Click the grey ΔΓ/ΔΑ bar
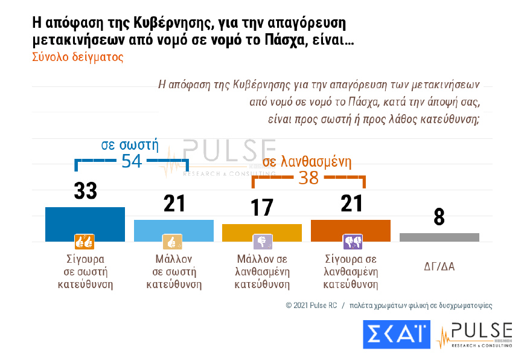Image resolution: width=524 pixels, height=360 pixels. point(439,237)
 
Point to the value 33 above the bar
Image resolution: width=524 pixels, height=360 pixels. point(86,191)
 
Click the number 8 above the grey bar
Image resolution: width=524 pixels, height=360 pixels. point(439,217)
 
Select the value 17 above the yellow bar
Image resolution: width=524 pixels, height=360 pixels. point(262,208)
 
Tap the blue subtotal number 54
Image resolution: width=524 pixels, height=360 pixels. point(132,161)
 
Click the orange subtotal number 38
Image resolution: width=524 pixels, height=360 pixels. point(308,178)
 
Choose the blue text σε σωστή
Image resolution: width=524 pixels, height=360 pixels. point(130,145)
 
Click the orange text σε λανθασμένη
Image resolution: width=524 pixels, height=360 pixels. point(307,162)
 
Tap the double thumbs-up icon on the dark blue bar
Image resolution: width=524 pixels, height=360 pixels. point(84,242)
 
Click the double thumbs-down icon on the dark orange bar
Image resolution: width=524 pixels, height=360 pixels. point(352,242)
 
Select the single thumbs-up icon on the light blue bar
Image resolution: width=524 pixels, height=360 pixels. point(173,242)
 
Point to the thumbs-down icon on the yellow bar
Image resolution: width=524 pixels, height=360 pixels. point(263,242)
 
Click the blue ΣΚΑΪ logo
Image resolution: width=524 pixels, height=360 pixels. point(396,334)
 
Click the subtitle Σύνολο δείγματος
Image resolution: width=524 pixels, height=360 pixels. point(77,57)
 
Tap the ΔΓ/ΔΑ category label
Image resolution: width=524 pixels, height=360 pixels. point(439,266)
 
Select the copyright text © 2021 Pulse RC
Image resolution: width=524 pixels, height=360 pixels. point(311,306)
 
